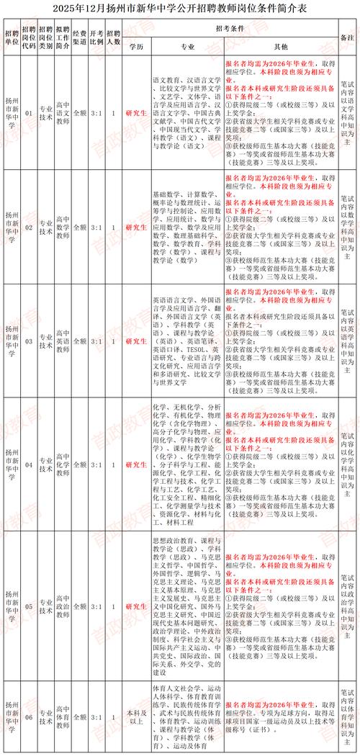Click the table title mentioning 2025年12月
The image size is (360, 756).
click(179, 9)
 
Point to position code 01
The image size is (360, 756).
click(30, 112)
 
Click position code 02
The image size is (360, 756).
click(30, 226)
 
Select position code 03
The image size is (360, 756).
click(30, 340)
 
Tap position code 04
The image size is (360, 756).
click(30, 455)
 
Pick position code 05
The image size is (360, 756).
click(30, 597)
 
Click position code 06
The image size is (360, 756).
click(30, 717)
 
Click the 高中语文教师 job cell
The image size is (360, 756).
click(63, 112)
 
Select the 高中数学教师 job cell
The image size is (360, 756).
click(63, 226)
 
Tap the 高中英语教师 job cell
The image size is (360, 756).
click(63, 340)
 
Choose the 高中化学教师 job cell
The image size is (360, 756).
click(63, 455)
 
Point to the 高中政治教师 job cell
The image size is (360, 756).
click(63, 597)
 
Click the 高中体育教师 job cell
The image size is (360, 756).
click(63, 717)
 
